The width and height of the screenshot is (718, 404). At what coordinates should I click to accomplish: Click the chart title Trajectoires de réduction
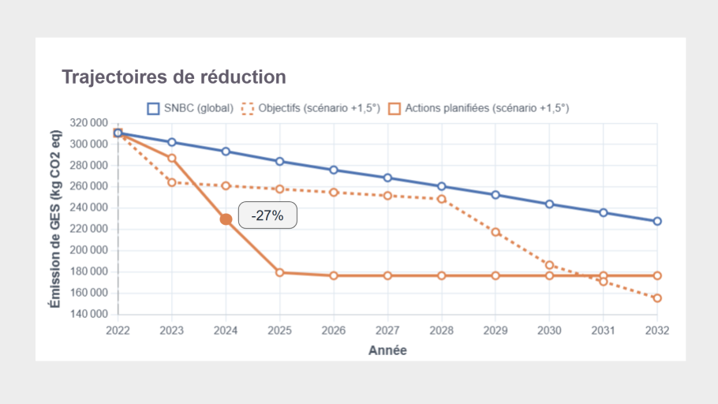coord(174,77)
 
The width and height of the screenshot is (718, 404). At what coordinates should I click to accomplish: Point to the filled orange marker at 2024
coord(226,219)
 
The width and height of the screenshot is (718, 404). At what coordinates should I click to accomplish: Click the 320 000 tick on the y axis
coord(89,123)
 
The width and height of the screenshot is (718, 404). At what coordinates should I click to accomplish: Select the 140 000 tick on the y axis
coord(89,314)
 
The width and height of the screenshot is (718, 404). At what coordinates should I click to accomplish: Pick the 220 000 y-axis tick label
coord(89,229)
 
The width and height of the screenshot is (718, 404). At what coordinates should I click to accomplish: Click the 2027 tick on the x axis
coord(387,331)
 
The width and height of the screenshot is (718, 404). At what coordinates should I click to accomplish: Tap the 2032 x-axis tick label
coord(656,331)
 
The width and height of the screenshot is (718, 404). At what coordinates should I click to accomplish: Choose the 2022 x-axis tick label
coord(118,331)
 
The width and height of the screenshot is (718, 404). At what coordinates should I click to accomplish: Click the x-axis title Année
coord(387,350)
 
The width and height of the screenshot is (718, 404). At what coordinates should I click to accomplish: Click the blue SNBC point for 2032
coord(656,221)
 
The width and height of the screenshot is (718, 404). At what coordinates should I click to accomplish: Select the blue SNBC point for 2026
coord(334,170)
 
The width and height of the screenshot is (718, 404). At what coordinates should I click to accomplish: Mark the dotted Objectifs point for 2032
coord(656,297)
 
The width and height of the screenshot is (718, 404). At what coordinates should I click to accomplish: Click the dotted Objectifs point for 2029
coord(495,232)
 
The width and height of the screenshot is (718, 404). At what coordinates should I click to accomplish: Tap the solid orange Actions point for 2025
coord(280,272)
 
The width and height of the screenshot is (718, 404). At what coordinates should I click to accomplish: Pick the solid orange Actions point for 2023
coord(172,158)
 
